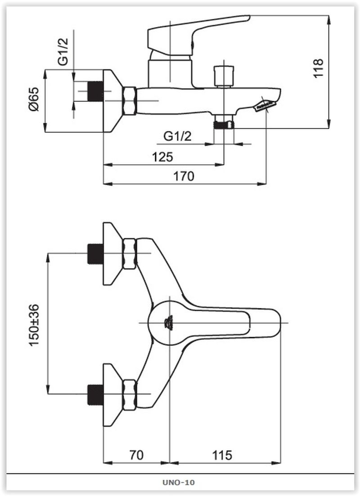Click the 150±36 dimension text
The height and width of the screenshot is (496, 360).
click(35, 325)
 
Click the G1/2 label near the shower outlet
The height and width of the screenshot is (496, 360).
click(177, 136)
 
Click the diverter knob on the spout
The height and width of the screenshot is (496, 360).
click(224, 76)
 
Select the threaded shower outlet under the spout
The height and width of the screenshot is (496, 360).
click(224, 123)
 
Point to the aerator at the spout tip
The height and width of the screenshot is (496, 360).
click(264, 105)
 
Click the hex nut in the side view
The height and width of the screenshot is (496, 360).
click(129, 101)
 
